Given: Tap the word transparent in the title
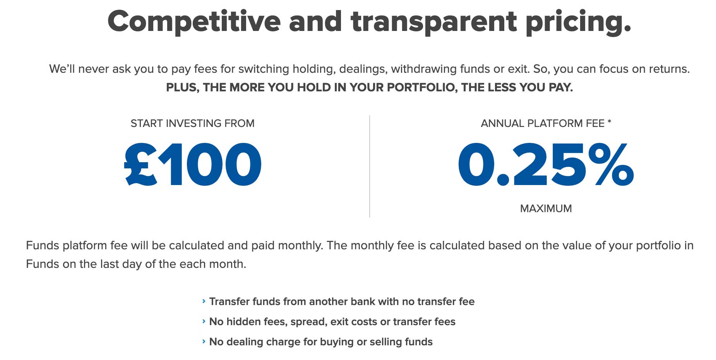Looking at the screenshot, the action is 434,22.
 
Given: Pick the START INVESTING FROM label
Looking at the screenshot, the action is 192,123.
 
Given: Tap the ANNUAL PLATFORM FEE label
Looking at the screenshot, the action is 543,123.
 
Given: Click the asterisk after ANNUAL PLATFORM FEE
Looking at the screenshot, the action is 609,122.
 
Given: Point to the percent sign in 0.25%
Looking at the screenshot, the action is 611,164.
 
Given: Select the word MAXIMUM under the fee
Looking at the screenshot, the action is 546,209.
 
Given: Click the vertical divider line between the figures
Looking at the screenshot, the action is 370,166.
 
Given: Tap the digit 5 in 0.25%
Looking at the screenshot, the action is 569,165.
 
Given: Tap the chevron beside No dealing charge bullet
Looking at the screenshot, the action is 204,341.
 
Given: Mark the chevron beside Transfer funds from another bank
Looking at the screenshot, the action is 204,301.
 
